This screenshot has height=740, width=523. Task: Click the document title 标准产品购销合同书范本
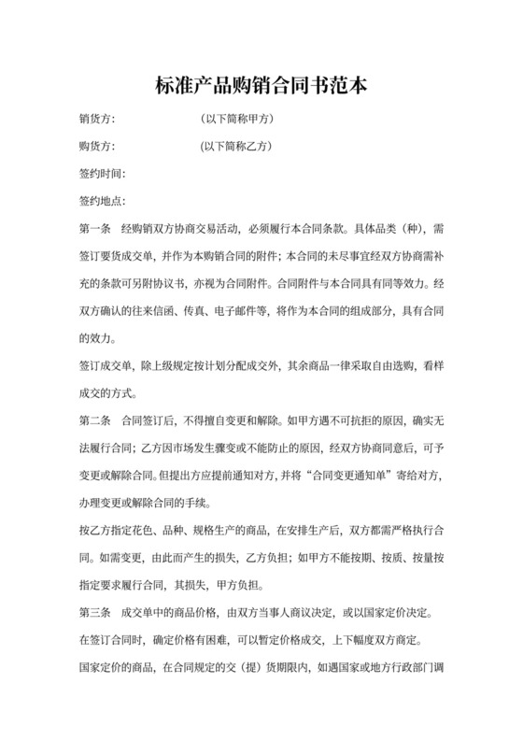click(261, 87)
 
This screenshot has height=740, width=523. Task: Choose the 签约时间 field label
click(103, 174)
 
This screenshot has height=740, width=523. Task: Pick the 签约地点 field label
click(103, 201)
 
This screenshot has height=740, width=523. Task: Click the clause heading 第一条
click(96, 228)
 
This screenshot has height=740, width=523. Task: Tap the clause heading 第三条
click(96, 613)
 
